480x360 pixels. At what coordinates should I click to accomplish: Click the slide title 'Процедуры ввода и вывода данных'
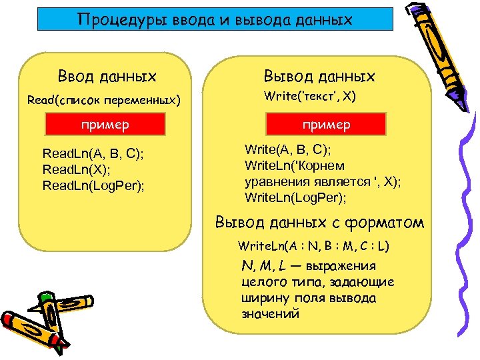214,20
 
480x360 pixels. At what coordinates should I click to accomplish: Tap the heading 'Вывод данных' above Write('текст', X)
320,77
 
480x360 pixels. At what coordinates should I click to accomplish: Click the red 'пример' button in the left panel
105,125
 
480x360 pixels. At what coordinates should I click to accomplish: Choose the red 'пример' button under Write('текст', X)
326,125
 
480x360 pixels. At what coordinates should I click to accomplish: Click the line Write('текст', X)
310,97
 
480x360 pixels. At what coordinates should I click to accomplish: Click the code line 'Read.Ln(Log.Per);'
94,185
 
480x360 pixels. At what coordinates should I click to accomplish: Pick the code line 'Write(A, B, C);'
288,149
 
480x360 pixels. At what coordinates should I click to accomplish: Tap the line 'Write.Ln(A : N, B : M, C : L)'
314,246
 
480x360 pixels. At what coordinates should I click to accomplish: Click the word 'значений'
271,313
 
